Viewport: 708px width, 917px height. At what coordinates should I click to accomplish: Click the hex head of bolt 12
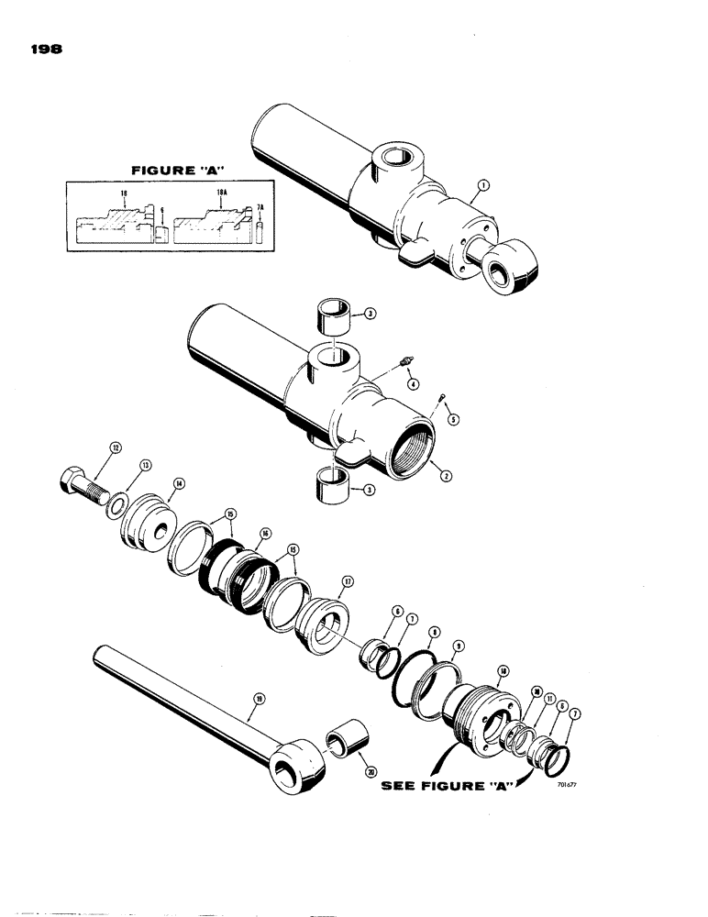click(72, 479)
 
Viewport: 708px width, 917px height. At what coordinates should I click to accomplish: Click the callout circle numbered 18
click(502, 671)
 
